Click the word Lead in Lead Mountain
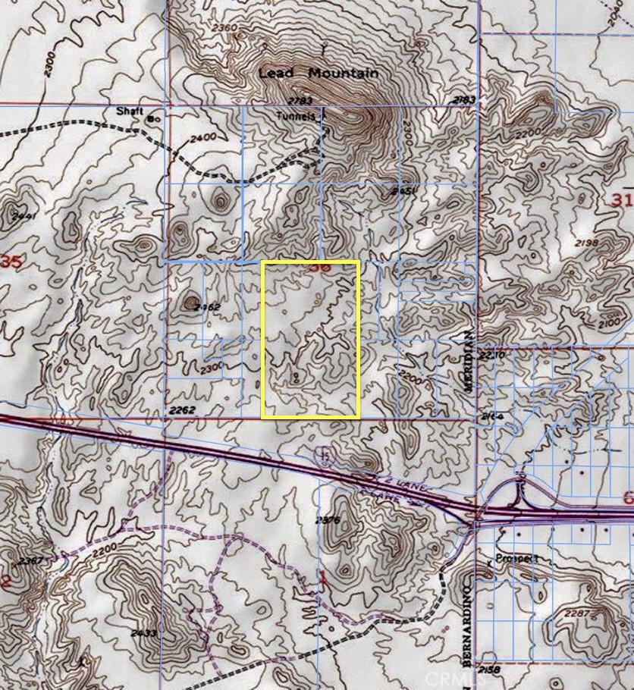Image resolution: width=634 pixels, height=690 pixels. (276, 74)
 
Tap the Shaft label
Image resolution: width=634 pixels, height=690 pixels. (130, 111)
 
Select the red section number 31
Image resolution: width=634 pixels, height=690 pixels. (620, 200)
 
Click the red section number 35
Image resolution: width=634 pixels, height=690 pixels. (11, 262)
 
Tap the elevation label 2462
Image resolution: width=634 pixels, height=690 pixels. (206, 308)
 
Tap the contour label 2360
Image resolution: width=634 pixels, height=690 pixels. (226, 29)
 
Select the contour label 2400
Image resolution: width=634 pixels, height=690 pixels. (204, 137)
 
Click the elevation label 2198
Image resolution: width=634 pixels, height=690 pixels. (607, 243)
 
